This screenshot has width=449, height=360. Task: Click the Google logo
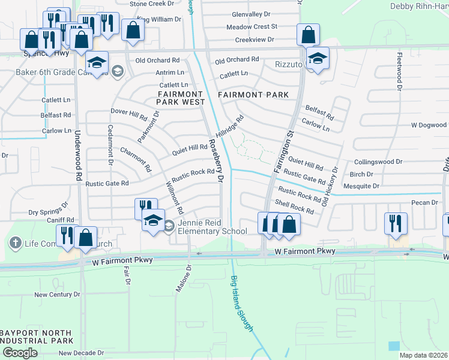[x=20, y=353]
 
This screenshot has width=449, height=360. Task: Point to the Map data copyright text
[x=423, y=355]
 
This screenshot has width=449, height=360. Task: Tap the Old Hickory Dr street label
[x=330, y=186]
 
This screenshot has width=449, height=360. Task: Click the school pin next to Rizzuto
[x=318, y=58]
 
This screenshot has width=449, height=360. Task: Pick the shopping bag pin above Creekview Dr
[x=308, y=35]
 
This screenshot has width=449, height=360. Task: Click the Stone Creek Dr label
[x=155, y=4]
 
